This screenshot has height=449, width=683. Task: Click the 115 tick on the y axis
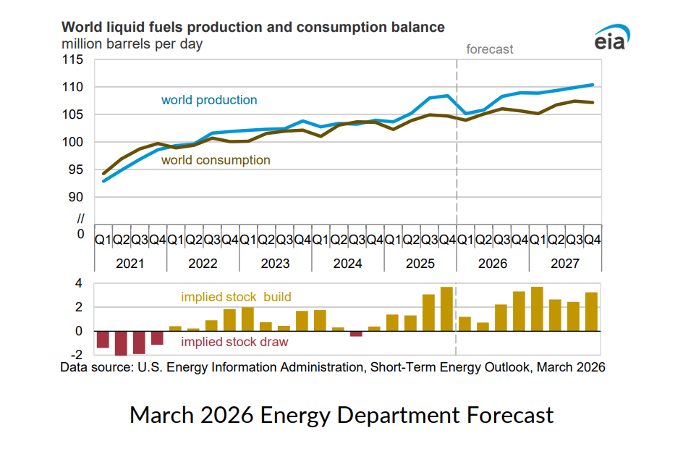coord(73,59)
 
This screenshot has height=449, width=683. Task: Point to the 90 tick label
coord(76,197)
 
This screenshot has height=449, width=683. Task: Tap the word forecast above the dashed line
coord(490,49)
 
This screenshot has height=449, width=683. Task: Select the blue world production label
coord(209,100)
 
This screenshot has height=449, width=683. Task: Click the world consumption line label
coord(216,160)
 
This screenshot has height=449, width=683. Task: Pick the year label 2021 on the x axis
coord(130,264)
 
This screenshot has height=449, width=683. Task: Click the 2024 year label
coord(347,264)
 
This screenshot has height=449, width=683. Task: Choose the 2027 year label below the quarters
coord(564,264)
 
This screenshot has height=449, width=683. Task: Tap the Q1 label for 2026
coord(465,239)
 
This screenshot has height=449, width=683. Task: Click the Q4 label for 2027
coord(592,239)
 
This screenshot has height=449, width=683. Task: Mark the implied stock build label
coord(236,297)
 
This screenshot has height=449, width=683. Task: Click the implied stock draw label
coord(234,342)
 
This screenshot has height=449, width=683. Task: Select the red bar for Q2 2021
coord(121,343)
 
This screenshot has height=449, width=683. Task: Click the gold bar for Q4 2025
coord(446,309)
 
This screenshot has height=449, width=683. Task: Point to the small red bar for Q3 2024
coord(356,334)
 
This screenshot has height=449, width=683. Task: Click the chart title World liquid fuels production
coord(253,28)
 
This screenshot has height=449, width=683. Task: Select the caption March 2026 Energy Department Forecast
coord(341,415)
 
